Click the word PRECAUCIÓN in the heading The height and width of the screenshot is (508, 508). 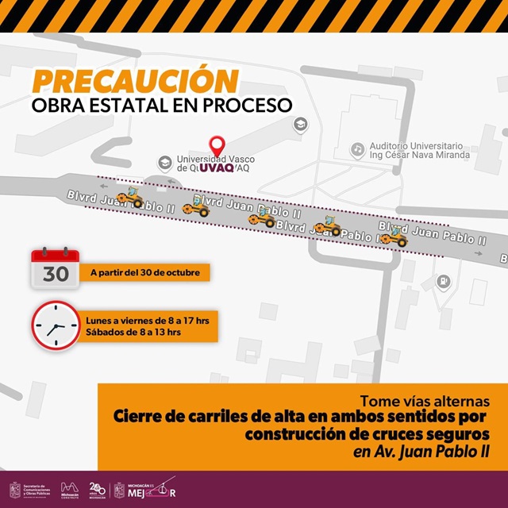point(136,82)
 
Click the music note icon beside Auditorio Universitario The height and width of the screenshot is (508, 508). point(358,148)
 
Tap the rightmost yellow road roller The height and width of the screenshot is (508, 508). point(394,235)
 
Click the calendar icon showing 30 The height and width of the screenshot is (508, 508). point(55,267)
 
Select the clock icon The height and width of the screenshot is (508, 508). point(56,326)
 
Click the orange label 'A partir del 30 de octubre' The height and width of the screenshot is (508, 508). point(144,273)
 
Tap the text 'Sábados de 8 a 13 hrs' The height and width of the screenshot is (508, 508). point(133,333)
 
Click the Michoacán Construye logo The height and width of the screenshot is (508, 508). point(70,490)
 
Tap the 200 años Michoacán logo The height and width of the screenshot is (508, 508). point(97,490)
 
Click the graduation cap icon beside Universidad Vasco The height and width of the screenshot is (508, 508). point(165,162)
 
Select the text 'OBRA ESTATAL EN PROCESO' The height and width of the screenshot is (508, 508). point(162,105)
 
